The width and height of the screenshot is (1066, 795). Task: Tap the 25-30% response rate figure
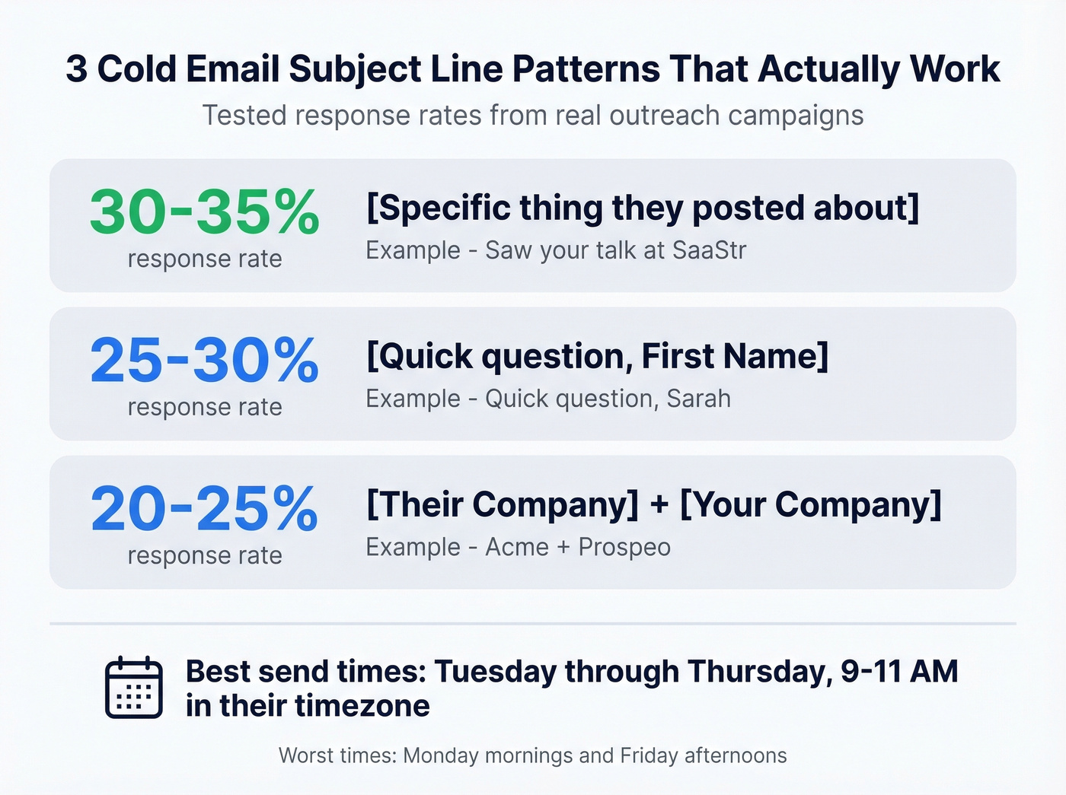pos(204,360)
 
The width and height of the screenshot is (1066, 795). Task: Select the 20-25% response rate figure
pos(204,508)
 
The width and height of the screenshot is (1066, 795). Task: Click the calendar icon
pos(134,688)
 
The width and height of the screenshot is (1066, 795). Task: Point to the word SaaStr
pos(710,250)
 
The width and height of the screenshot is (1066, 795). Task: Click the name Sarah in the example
pos(699,399)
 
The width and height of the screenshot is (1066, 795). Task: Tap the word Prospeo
pos(624,547)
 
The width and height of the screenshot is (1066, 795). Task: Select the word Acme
pos(517,547)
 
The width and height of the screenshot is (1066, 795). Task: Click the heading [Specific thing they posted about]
pos(643,208)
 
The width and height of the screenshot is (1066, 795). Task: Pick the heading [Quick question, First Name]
pos(597,356)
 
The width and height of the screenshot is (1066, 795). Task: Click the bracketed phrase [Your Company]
pos(810,504)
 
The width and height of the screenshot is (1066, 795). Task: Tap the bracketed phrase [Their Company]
pos(503,504)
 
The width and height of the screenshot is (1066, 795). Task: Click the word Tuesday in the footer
pos(494,672)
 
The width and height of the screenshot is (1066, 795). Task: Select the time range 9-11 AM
pos(899,672)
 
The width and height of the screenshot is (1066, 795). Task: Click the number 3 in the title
pos(76,69)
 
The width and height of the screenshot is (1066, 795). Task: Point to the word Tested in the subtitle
pos(244,116)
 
